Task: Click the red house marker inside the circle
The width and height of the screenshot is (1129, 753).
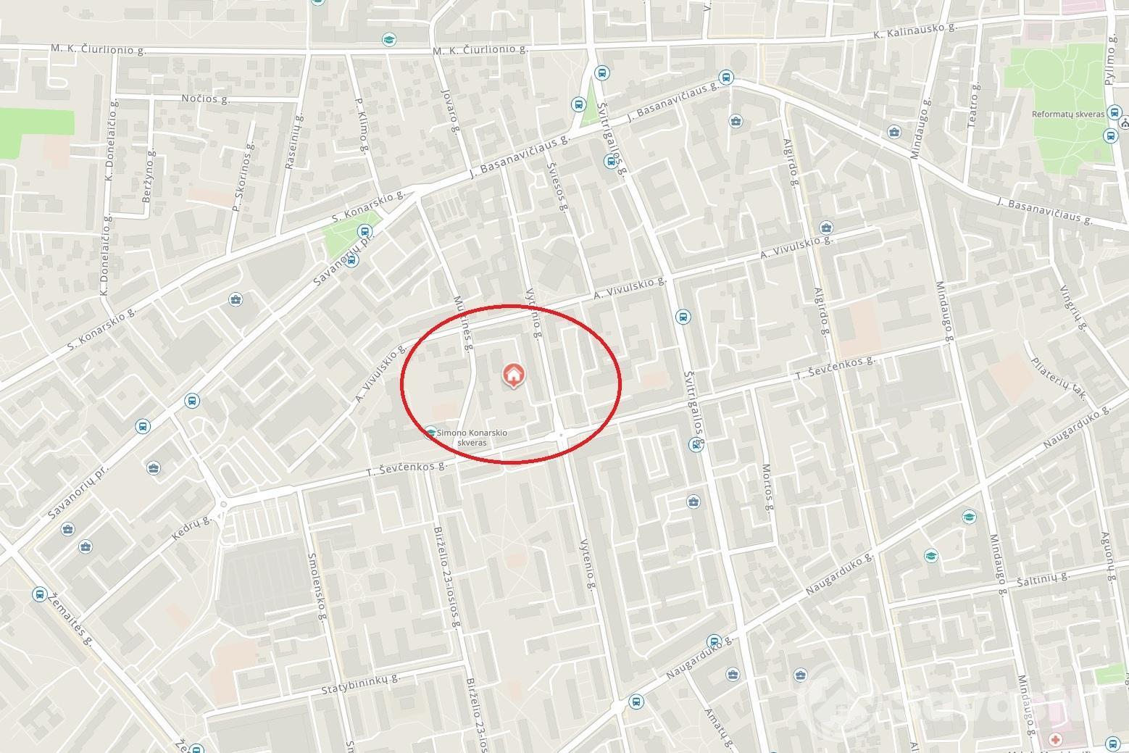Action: tap(513, 375)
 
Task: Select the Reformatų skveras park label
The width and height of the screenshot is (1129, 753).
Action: tap(1067, 115)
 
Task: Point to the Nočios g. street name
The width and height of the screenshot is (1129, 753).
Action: tap(206, 99)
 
